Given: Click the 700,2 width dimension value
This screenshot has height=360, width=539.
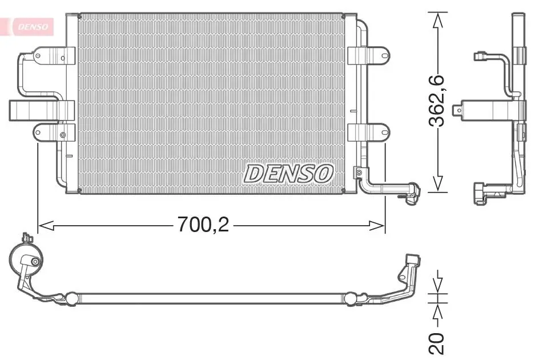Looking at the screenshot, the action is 203,225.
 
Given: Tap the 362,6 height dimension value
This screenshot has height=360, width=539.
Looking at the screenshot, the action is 437,101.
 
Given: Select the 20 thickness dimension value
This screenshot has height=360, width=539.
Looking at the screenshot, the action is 437,343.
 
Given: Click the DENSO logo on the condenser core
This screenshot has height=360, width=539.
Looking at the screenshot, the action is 288,174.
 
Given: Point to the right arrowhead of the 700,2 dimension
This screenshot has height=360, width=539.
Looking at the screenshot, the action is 377,226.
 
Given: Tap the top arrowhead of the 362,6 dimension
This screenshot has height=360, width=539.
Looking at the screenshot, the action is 437,20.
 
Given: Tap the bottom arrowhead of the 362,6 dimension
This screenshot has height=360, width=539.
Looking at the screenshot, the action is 437,184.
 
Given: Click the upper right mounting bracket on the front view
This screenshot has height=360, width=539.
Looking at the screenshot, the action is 368,55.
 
